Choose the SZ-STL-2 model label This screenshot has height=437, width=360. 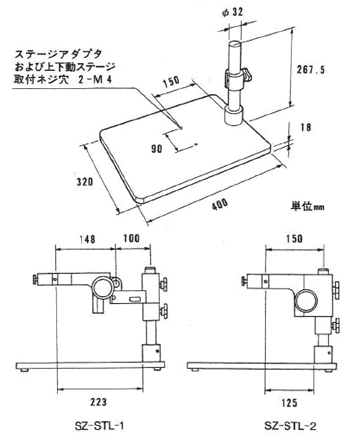[x=289, y=420]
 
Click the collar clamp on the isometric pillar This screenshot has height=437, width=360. [x=243, y=77]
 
